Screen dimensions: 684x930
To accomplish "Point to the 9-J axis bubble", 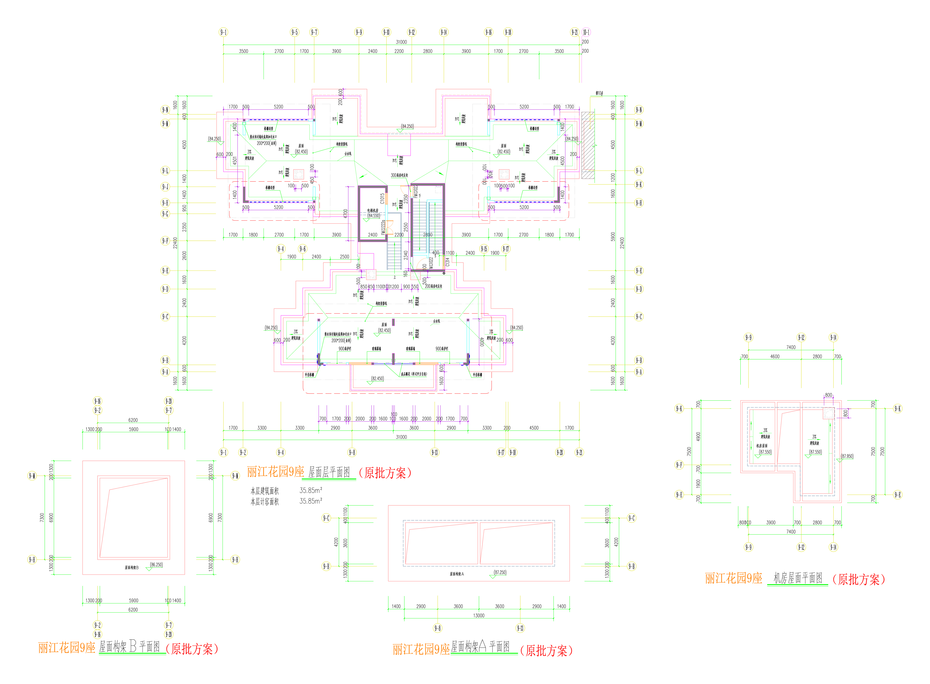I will point(165,187).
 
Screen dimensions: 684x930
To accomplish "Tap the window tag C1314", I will point(447,262).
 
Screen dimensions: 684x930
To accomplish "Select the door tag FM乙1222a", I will point(383,228).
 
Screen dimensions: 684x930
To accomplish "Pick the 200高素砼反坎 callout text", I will point(434,286).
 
